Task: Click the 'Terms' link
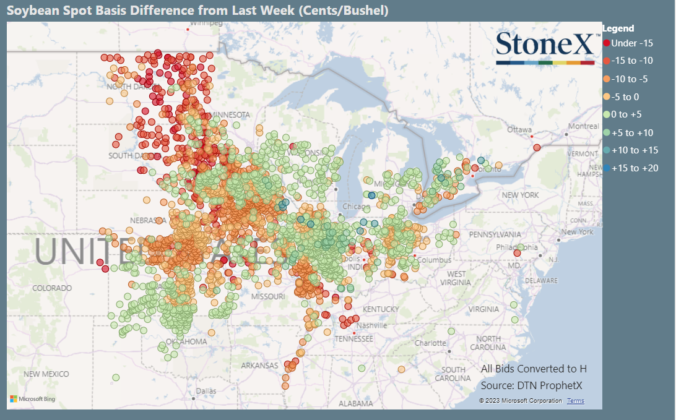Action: (x=575, y=401)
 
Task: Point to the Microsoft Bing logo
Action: (x=32, y=399)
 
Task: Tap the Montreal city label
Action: (x=583, y=126)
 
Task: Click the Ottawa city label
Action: (x=519, y=130)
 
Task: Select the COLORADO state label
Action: (x=52, y=288)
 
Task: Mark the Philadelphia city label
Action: (x=526, y=247)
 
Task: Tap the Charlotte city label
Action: (x=430, y=343)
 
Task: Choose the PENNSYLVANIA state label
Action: (x=495, y=234)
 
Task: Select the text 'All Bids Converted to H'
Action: (x=533, y=369)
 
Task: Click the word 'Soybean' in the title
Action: (x=31, y=11)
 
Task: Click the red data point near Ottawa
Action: (x=537, y=147)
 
